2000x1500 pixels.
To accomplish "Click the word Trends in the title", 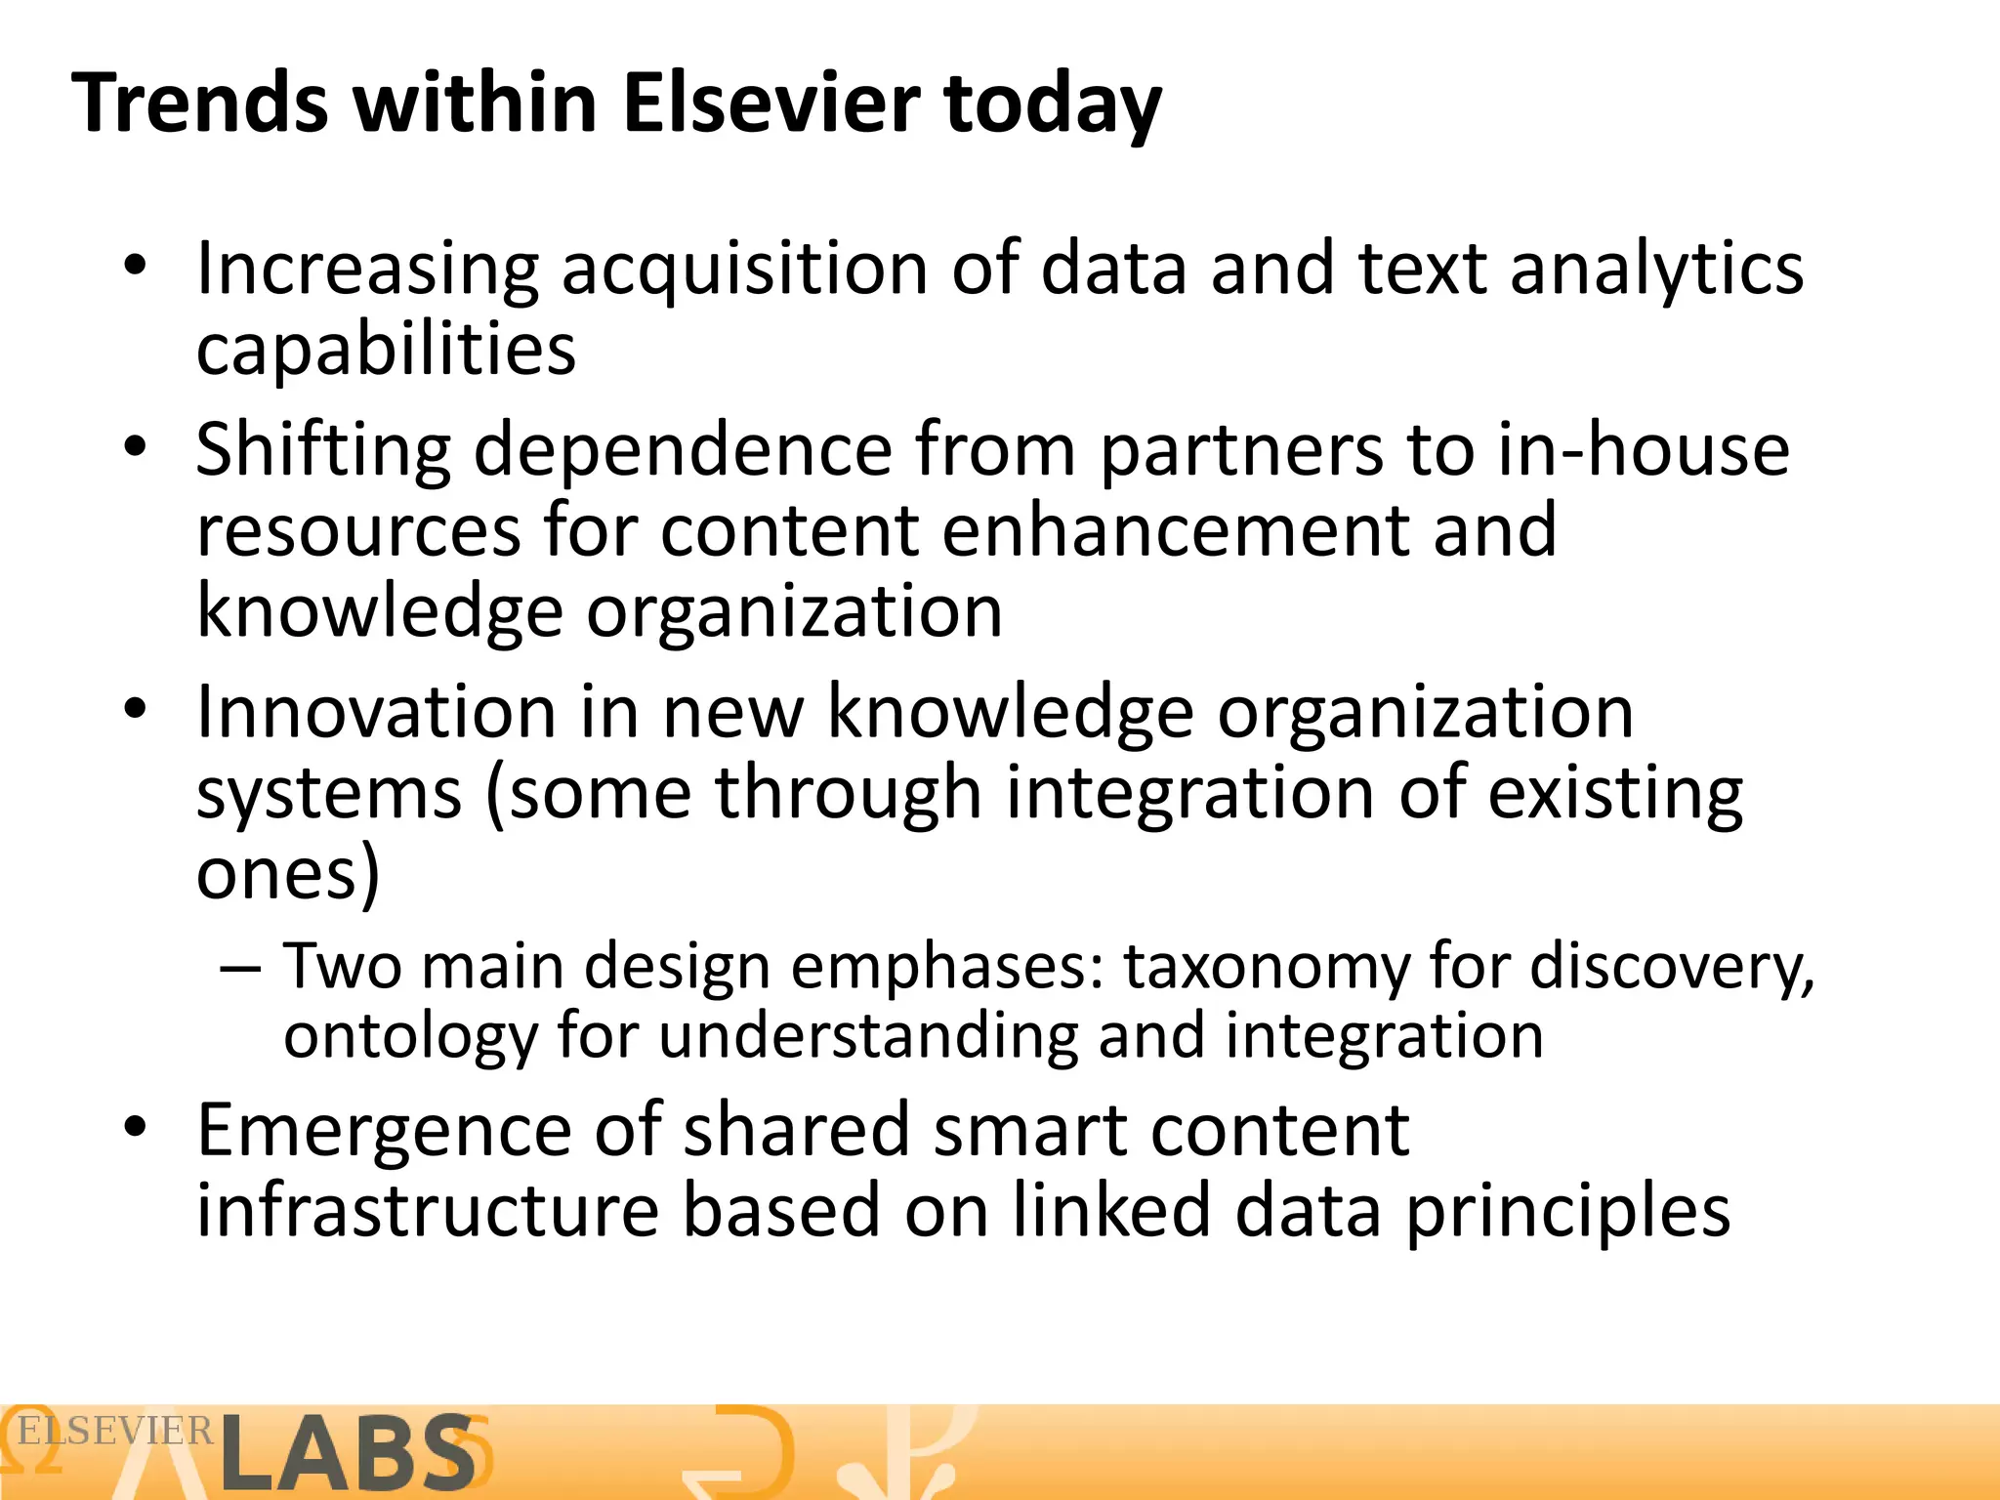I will pos(200,103).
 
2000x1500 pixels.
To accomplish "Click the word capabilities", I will pos(386,350).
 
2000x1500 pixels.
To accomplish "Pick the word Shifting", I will pos(323,450).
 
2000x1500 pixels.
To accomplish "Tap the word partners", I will pos(1241,450).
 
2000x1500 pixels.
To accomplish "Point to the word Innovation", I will pos(376,712).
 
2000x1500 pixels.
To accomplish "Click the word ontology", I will pos(410,1036).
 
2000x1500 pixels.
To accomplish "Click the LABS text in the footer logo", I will pos(347,1453).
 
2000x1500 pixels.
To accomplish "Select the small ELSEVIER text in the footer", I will pos(115,1432).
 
